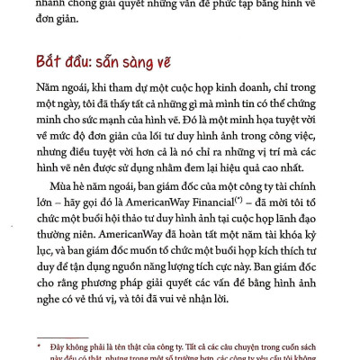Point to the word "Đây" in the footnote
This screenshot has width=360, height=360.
click(68, 346)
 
